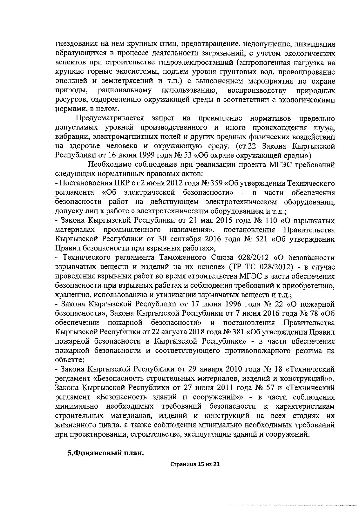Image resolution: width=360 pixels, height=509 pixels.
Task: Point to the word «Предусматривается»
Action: point(110,118)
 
